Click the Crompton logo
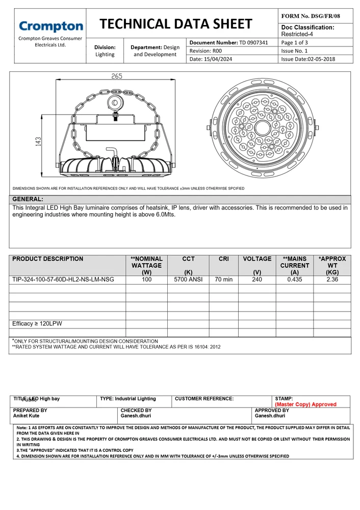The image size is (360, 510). [50, 27]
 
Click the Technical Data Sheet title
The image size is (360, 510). [175, 24]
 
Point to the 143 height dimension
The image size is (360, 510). [38, 141]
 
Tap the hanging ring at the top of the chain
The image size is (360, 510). [116, 103]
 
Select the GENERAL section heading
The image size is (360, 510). [28, 199]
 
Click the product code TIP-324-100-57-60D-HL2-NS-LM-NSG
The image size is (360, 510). [63, 279]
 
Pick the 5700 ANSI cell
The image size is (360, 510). [188, 279]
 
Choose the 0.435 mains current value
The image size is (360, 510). [294, 279]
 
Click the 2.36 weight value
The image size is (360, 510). [332, 279]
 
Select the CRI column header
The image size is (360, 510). [224, 259]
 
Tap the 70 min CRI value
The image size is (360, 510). [224, 279]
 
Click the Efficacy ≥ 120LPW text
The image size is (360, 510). [37, 324]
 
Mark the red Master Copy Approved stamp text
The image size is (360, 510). [305, 404]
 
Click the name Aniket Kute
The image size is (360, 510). [26, 416]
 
